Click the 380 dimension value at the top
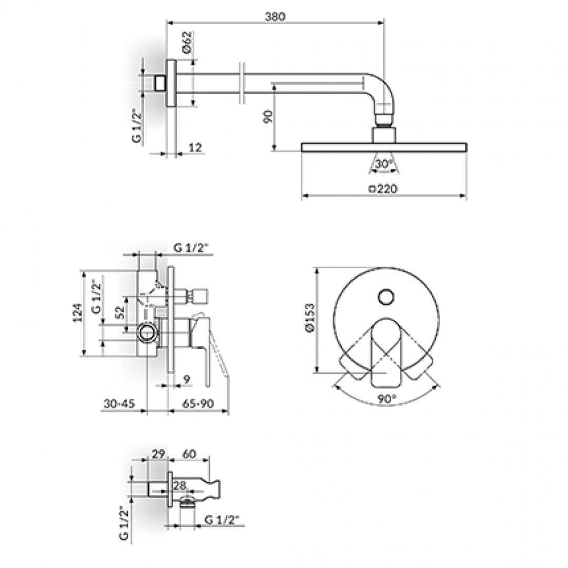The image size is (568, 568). pyautogui.click(x=275, y=17)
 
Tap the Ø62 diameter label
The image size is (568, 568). pyautogui.click(x=186, y=43)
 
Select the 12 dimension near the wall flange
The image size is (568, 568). pyautogui.click(x=195, y=148)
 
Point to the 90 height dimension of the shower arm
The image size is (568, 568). pyautogui.click(x=268, y=116)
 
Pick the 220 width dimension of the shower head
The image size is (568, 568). pyautogui.click(x=383, y=188)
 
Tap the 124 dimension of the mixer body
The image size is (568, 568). pyautogui.click(x=77, y=312)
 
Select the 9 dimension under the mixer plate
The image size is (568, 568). pyautogui.click(x=187, y=380)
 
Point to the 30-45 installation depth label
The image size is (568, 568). pyautogui.click(x=119, y=403)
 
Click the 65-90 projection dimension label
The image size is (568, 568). pyautogui.click(x=198, y=403)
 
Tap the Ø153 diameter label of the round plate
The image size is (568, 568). pyautogui.click(x=310, y=317)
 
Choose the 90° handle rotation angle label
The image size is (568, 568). pyautogui.click(x=387, y=399)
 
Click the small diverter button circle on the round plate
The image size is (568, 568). pyautogui.click(x=386, y=297)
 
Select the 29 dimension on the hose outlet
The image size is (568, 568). pyautogui.click(x=158, y=453)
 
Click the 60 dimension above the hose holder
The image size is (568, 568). pyautogui.click(x=189, y=453)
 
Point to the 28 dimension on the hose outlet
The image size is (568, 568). pyautogui.click(x=179, y=485)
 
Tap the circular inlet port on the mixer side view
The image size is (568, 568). pyautogui.click(x=147, y=332)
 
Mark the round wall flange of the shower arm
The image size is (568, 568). pyautogui.click(x=171, y=83)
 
